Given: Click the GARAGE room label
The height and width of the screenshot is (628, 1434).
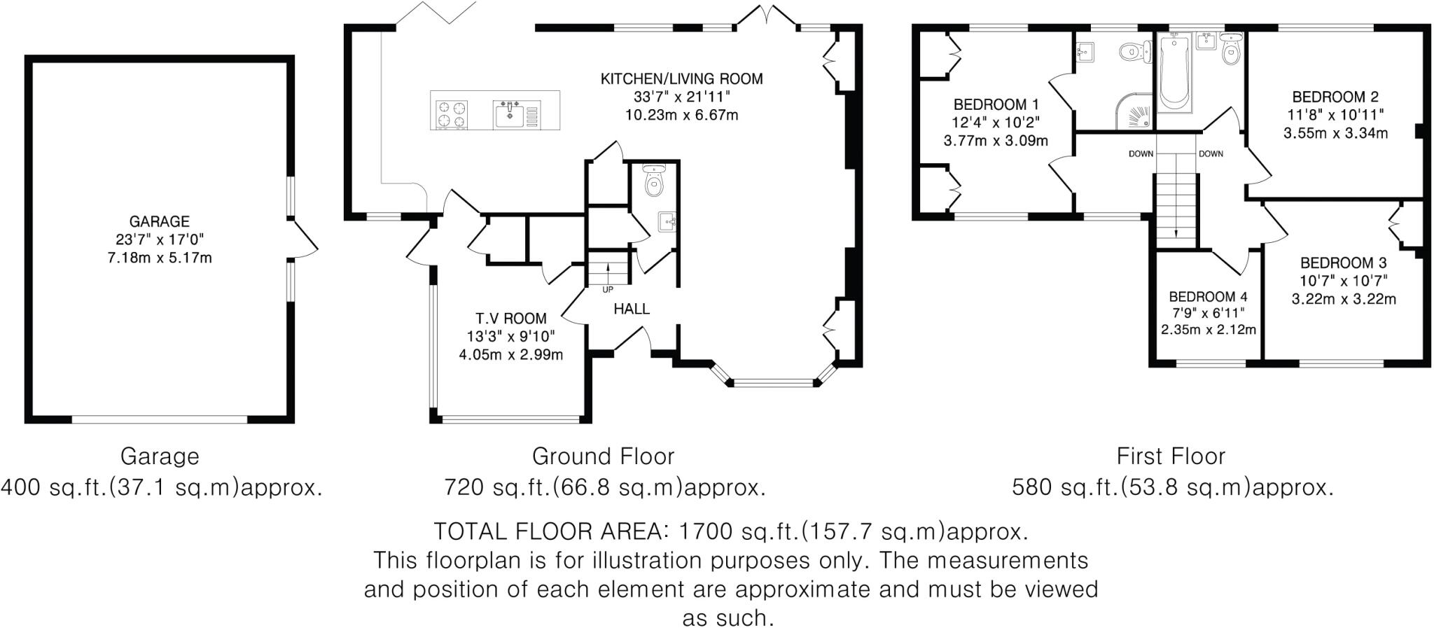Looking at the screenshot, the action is (x=160, y=222).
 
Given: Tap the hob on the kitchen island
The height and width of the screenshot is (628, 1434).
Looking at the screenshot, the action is (x=452, y=115).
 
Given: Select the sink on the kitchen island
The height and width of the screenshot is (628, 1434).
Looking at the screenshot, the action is (x=508, y=114).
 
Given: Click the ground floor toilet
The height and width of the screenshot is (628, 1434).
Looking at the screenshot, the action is (x=654, y=183).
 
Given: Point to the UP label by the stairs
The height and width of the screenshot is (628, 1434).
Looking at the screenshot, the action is (x=607, y=289).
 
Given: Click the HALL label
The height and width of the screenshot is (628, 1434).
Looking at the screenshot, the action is (x=632, y=309).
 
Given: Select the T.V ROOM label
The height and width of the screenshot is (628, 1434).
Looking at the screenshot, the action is (x=510, y=319).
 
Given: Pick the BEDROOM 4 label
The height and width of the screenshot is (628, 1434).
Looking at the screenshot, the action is (x=1208, y=297).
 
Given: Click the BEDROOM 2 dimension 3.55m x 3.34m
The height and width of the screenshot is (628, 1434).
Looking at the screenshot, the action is (x=1335, y=133).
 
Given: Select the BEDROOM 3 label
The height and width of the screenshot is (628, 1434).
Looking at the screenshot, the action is (x=1343, y=263).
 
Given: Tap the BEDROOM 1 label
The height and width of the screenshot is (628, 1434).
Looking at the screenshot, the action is (x=996, y=105).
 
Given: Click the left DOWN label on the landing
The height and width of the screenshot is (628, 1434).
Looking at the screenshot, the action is (x=1141, y=154).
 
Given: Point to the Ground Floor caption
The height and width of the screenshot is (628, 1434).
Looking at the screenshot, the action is (x=603, y=456).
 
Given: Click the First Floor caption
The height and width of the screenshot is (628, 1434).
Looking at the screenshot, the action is (x=1171, y=456).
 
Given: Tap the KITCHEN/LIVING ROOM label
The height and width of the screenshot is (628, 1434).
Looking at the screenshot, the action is (x=681, y=79).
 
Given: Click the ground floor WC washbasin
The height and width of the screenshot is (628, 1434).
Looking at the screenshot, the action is (x=667, y=222).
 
